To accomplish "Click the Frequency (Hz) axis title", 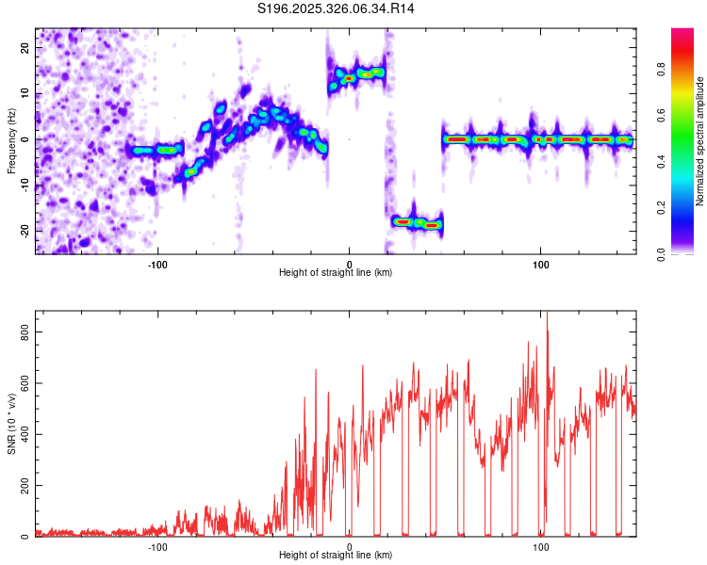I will coord(11,140).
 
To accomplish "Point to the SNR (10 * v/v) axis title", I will coord(11,423).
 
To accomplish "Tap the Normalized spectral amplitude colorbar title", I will coord(700,141).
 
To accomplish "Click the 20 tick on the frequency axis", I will coord(25,47).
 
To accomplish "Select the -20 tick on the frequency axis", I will coord(24,231).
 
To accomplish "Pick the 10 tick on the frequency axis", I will coord(25,93).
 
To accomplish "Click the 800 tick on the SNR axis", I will coord(21,331).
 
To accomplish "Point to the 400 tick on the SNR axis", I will coord(21,434).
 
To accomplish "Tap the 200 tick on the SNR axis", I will coord(21,486).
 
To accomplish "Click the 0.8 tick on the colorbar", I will coord(686,68).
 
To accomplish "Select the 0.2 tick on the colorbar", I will coord(686,207).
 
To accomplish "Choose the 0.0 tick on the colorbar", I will coord(686,253).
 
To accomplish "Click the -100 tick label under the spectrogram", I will coord(157,263).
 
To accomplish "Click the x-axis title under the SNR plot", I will coord(336,556).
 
